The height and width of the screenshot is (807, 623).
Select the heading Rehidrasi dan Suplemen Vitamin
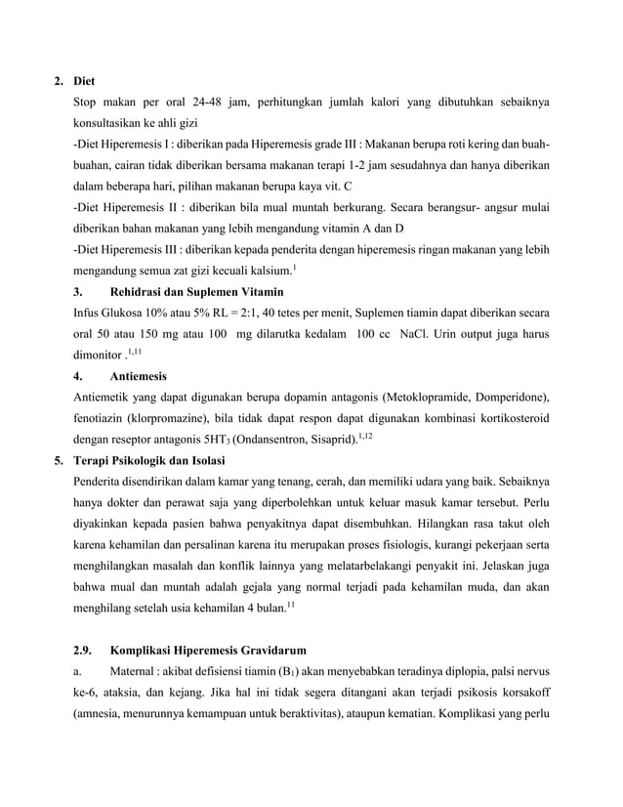pos(198,291)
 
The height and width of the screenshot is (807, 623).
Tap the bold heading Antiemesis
pos(140,375)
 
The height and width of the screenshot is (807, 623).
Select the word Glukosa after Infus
pos(122,313)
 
